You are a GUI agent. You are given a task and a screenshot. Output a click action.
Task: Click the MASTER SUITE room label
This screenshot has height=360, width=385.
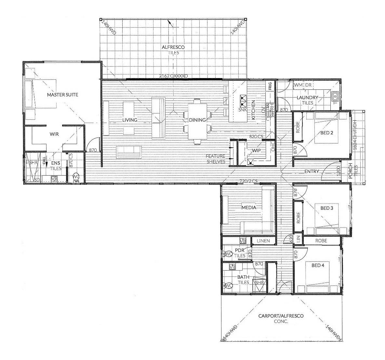pyautogui.click(x=62, y=95)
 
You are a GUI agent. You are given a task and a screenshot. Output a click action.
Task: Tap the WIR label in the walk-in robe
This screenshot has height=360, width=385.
pyautogui.click(x=54, y=134)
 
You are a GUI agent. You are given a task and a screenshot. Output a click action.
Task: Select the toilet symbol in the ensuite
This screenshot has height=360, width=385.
pyautogui.click(x=76, y=178)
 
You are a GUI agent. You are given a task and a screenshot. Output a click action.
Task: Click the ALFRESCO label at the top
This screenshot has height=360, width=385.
pyautogui.click(x=173, y=47)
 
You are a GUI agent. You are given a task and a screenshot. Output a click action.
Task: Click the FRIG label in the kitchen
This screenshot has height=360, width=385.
pyautogui.click(x=270, y=86)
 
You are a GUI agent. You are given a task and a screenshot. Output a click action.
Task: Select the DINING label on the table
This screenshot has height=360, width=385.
pyautogui.click(x=197, y=120)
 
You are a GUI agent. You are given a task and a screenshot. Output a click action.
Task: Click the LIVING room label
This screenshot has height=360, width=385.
pyautogui.click(x=130, y=120)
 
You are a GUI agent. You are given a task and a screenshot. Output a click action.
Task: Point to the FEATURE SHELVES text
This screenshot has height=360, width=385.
pyautogui.click(x=216, y=159)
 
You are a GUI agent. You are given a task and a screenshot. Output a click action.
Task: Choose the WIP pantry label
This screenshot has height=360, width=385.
pyautogui.click(x=257, y=151)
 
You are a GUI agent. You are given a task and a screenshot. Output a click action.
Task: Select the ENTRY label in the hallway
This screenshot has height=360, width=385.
pyautogui.click(x=312, y=171)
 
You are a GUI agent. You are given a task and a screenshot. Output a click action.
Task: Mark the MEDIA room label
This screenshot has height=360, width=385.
pyautogui.click(x=249, y=207)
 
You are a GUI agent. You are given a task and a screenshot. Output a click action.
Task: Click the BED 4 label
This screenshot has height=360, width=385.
pyautogui.click(x=318, y=265)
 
